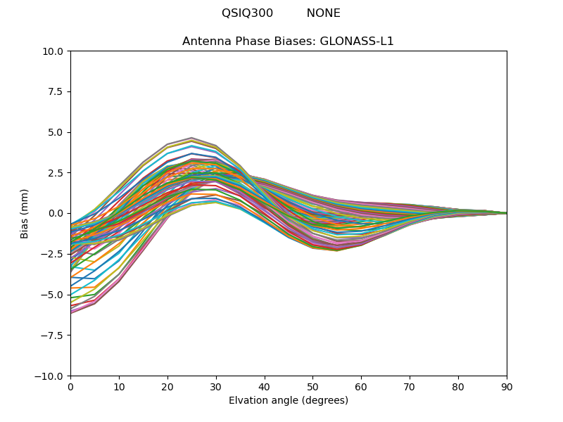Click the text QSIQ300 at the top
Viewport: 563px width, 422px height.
tap(247, 13)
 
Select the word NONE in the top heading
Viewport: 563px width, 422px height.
tap(323, 13)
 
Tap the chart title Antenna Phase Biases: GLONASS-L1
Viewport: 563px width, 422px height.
tap(288, 41)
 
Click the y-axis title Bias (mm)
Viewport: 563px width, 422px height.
tap(25, 213)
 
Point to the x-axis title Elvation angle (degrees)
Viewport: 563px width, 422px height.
tap(289, 401)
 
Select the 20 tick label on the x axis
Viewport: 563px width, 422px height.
tap(167, 387)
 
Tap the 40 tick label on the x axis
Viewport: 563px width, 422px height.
tap(265, 387)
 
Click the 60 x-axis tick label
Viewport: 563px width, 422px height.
tap(361, 387)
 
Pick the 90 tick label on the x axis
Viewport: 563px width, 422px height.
tap(507, 387)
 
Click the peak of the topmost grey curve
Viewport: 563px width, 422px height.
tap(191, 138)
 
